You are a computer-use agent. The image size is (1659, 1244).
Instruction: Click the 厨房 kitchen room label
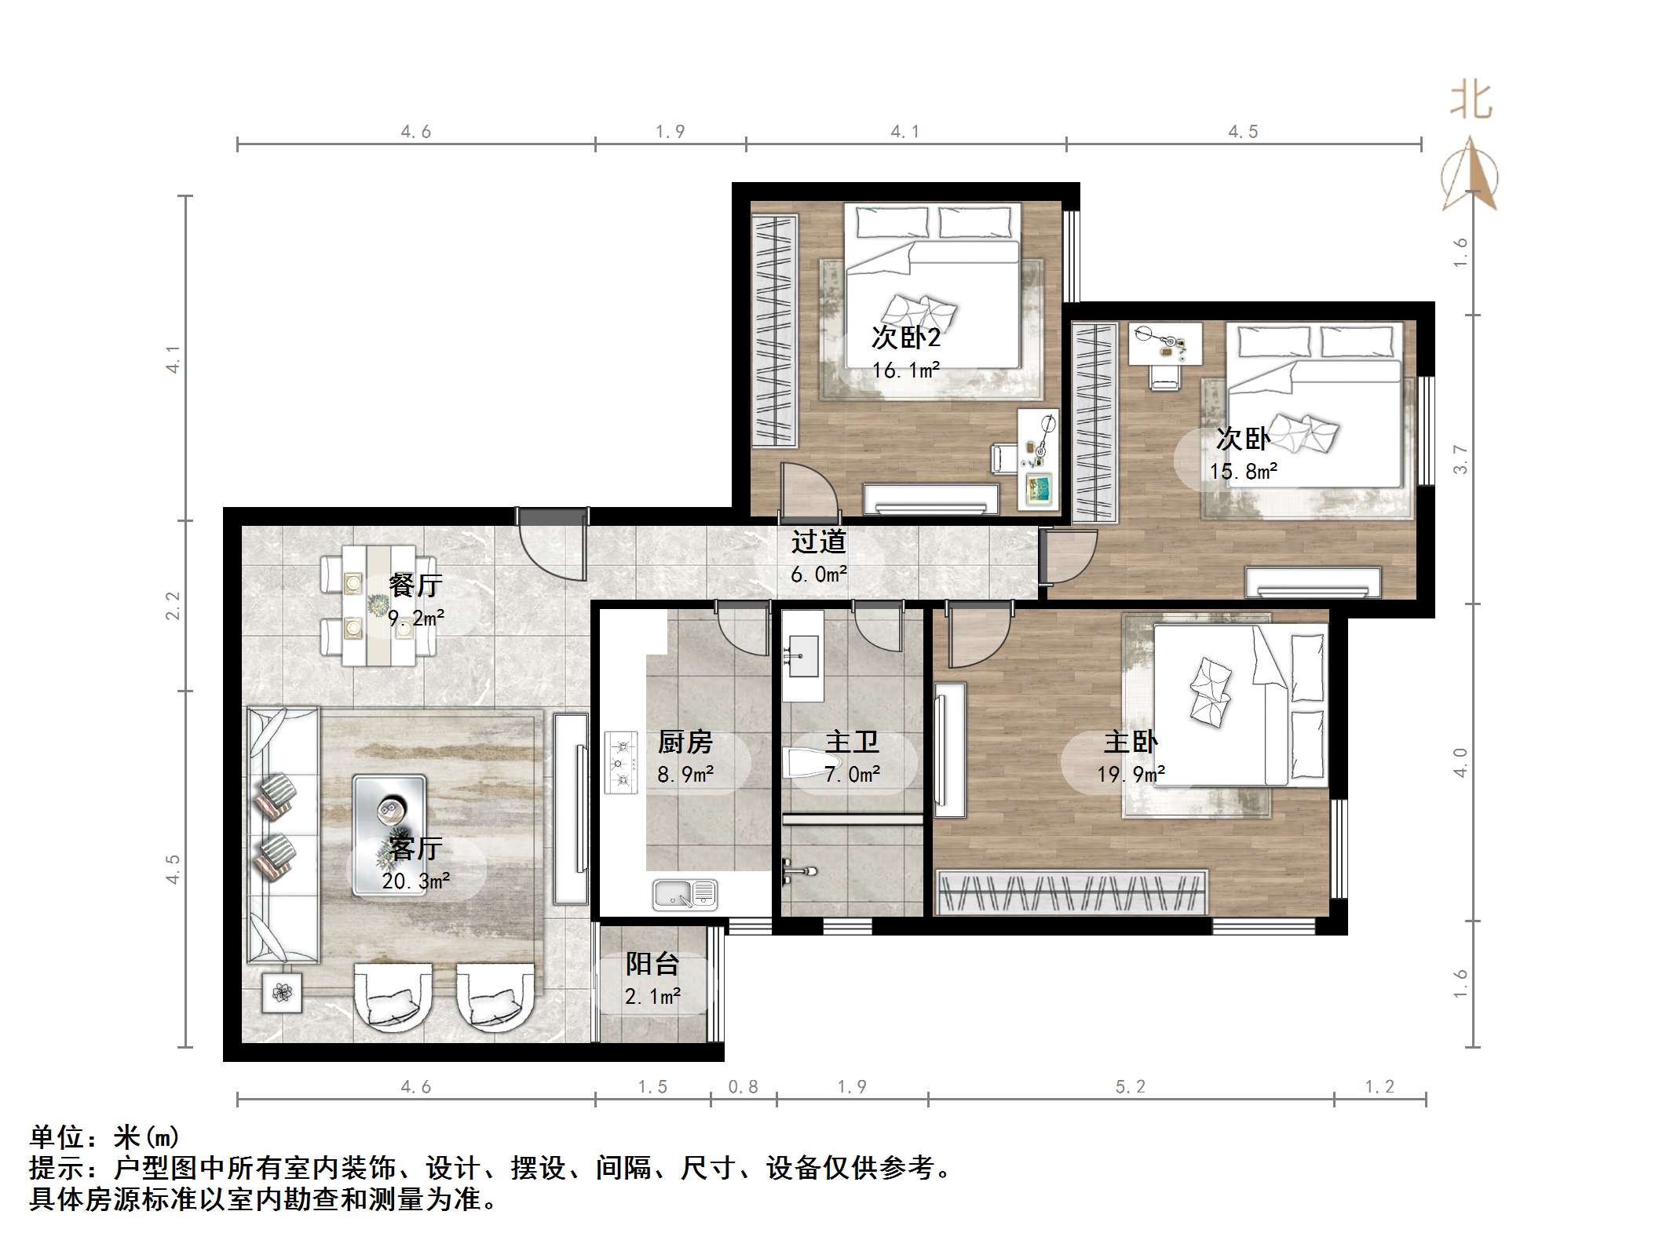[x=685, y=742]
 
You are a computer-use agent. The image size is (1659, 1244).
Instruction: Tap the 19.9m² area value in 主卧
[x=1131, y=775]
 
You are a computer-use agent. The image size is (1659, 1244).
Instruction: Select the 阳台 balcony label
[x=652, y=964]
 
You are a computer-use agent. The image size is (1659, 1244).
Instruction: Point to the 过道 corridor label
[x=819, y=542]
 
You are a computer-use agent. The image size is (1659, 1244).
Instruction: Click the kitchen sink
[x=685, y=895]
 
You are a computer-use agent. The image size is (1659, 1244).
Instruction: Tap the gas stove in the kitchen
[x=621, y=761]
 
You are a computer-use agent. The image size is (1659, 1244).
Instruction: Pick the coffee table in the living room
[x=389, y=835]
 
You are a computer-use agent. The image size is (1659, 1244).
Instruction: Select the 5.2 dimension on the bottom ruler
[x=1131, y=1086]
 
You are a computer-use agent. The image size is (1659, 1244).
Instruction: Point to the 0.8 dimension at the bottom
[x=744, y=1086]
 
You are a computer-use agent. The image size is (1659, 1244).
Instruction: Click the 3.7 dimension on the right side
[x=1460, y=459]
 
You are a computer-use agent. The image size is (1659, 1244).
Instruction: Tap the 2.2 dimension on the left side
[x=173, y=606]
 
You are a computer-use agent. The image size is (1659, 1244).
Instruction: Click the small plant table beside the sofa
[x=282, y=993]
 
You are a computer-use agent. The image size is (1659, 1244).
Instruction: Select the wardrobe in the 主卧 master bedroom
[x=1073, y=892]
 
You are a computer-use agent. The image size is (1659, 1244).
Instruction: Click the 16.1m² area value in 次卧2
[x=906, y=370]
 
